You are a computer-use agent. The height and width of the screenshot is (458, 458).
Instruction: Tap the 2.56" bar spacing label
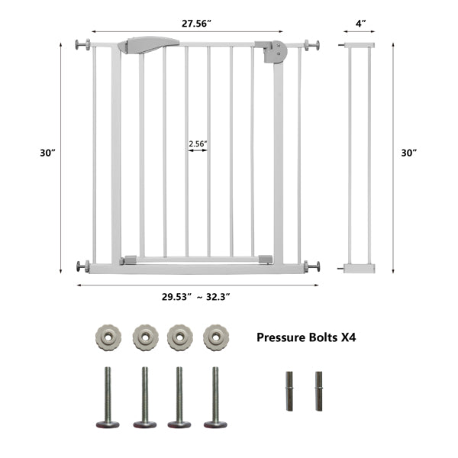(x=198, y=142)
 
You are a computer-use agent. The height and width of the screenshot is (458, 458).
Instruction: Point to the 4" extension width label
(x=358, y=24)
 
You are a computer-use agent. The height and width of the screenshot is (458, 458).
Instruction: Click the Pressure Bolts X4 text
(x=306, y=335)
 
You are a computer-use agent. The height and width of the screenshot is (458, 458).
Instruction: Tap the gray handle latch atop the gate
(x=143, y=46)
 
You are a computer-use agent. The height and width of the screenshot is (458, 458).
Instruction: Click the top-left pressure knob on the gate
(x=82, y=45)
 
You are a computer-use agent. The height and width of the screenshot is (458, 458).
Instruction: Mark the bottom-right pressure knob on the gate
(x=312, y=266)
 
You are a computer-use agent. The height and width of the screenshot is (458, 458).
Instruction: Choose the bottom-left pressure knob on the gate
(x=82, y=266)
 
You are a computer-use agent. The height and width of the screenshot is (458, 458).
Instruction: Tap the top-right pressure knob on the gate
(x=312, y=45)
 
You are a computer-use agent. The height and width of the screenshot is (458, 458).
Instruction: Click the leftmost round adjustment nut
(x=108, y=336)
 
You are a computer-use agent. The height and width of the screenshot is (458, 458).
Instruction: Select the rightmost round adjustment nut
(x=215, y=336)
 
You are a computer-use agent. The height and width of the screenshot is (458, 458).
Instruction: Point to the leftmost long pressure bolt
(x=108, y=397)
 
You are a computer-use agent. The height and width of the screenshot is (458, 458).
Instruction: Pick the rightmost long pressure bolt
(x=215, y=397)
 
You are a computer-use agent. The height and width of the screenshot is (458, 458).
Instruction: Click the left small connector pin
(x=290, y=391)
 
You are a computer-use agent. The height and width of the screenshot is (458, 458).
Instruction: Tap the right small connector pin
(x=318, y=391)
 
